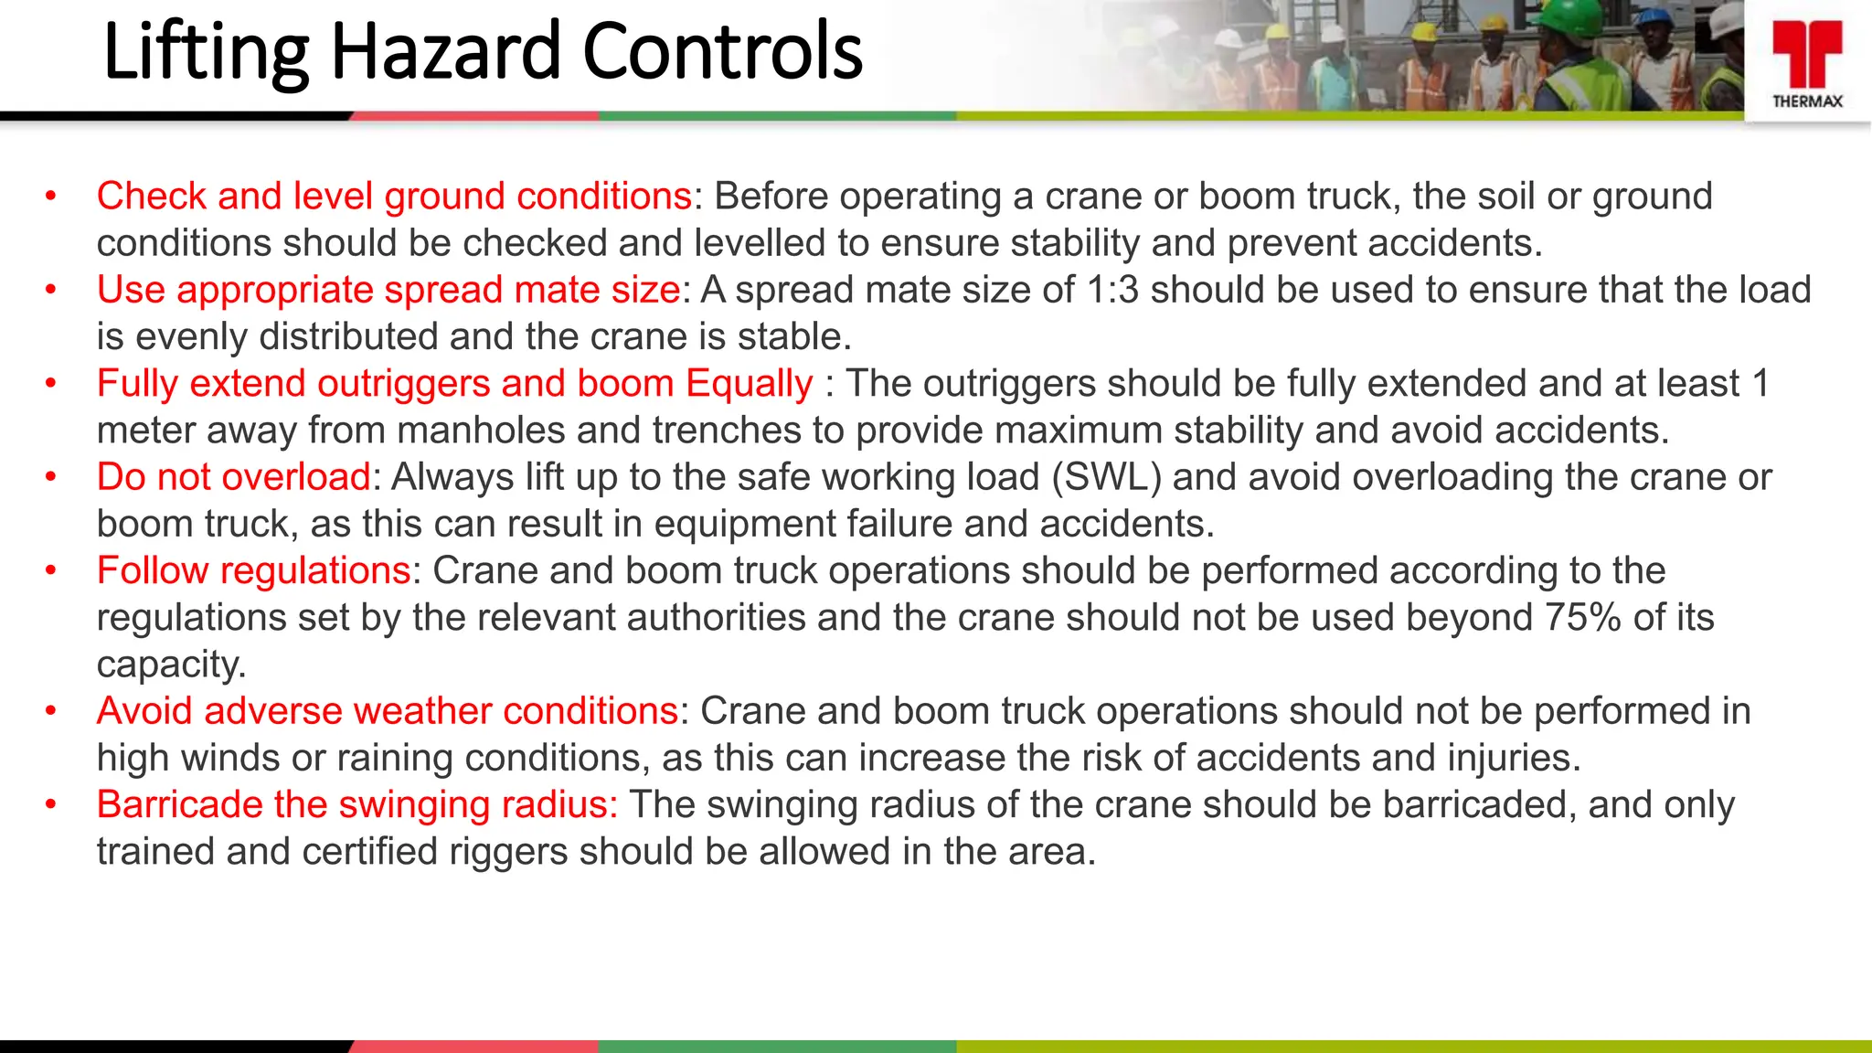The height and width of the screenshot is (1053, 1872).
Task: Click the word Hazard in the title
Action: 446,51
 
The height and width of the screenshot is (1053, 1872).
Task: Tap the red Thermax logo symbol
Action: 1807,54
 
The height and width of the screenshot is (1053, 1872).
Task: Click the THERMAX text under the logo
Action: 1807,101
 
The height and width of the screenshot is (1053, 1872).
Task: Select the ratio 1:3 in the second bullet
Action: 1112,290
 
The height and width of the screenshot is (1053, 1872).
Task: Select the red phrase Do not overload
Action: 234,477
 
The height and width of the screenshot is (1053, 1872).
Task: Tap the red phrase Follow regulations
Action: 254,570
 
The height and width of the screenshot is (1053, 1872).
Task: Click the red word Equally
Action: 750,384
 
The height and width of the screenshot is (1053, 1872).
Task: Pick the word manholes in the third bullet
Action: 480,431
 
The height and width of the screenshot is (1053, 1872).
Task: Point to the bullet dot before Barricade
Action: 52,804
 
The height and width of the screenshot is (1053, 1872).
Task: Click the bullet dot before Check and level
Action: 52,196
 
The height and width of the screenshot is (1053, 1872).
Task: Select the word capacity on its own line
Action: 171,665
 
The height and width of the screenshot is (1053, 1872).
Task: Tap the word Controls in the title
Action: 722,51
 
